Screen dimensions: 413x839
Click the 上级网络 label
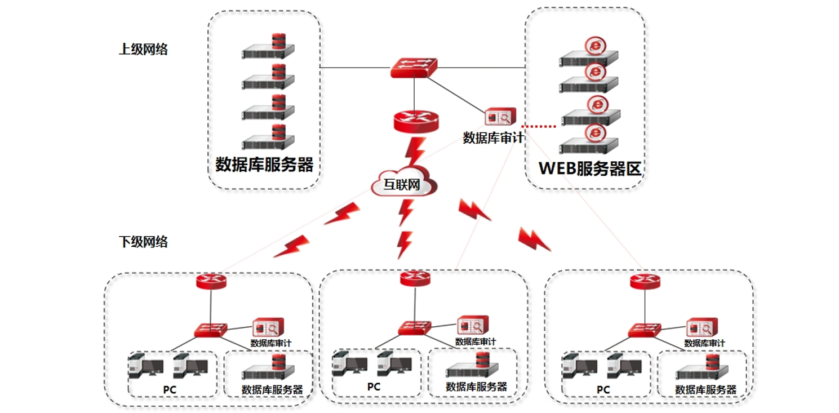(x=143, y=49)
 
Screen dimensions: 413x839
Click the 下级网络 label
(x=143, y=242)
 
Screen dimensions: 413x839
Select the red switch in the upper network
(x=414, y=67)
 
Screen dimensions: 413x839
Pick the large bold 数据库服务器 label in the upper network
(x=264, y=164)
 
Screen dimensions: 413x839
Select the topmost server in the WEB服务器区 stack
(x=589, y=54)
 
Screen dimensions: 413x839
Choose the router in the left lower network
(x=211, y=281)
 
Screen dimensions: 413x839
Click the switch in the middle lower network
(x=415, y=327)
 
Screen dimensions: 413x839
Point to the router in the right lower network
(x=645, y=281)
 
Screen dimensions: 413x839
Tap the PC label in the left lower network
(x=170, y=389)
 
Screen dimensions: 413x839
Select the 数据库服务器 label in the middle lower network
(x=476, y=387)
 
